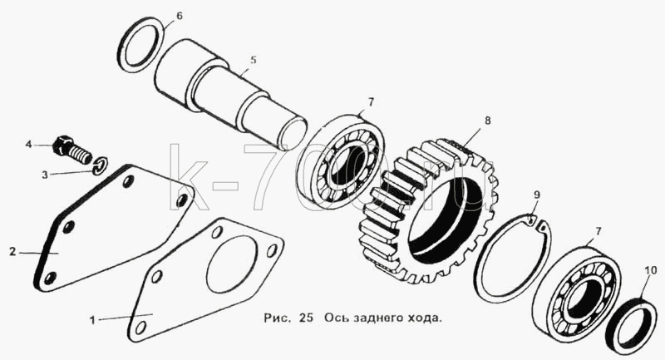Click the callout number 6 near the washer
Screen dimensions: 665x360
click(x=180, y=17)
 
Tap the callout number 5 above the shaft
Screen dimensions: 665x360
click(x=254, y=60)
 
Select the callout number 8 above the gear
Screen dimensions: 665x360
click(x=488, y=121)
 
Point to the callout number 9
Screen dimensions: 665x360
click(x=537, y=195)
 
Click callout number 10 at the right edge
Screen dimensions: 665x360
click(x=651, y=270)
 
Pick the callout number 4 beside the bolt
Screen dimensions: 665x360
click(x=28, y=145)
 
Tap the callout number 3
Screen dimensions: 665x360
click(x=45, y=175)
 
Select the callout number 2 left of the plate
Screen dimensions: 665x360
click(x=12, y=252)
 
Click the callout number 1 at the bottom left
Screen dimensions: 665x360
click(x=92, y=320)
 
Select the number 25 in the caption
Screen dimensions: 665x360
click(x=306, y=318)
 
